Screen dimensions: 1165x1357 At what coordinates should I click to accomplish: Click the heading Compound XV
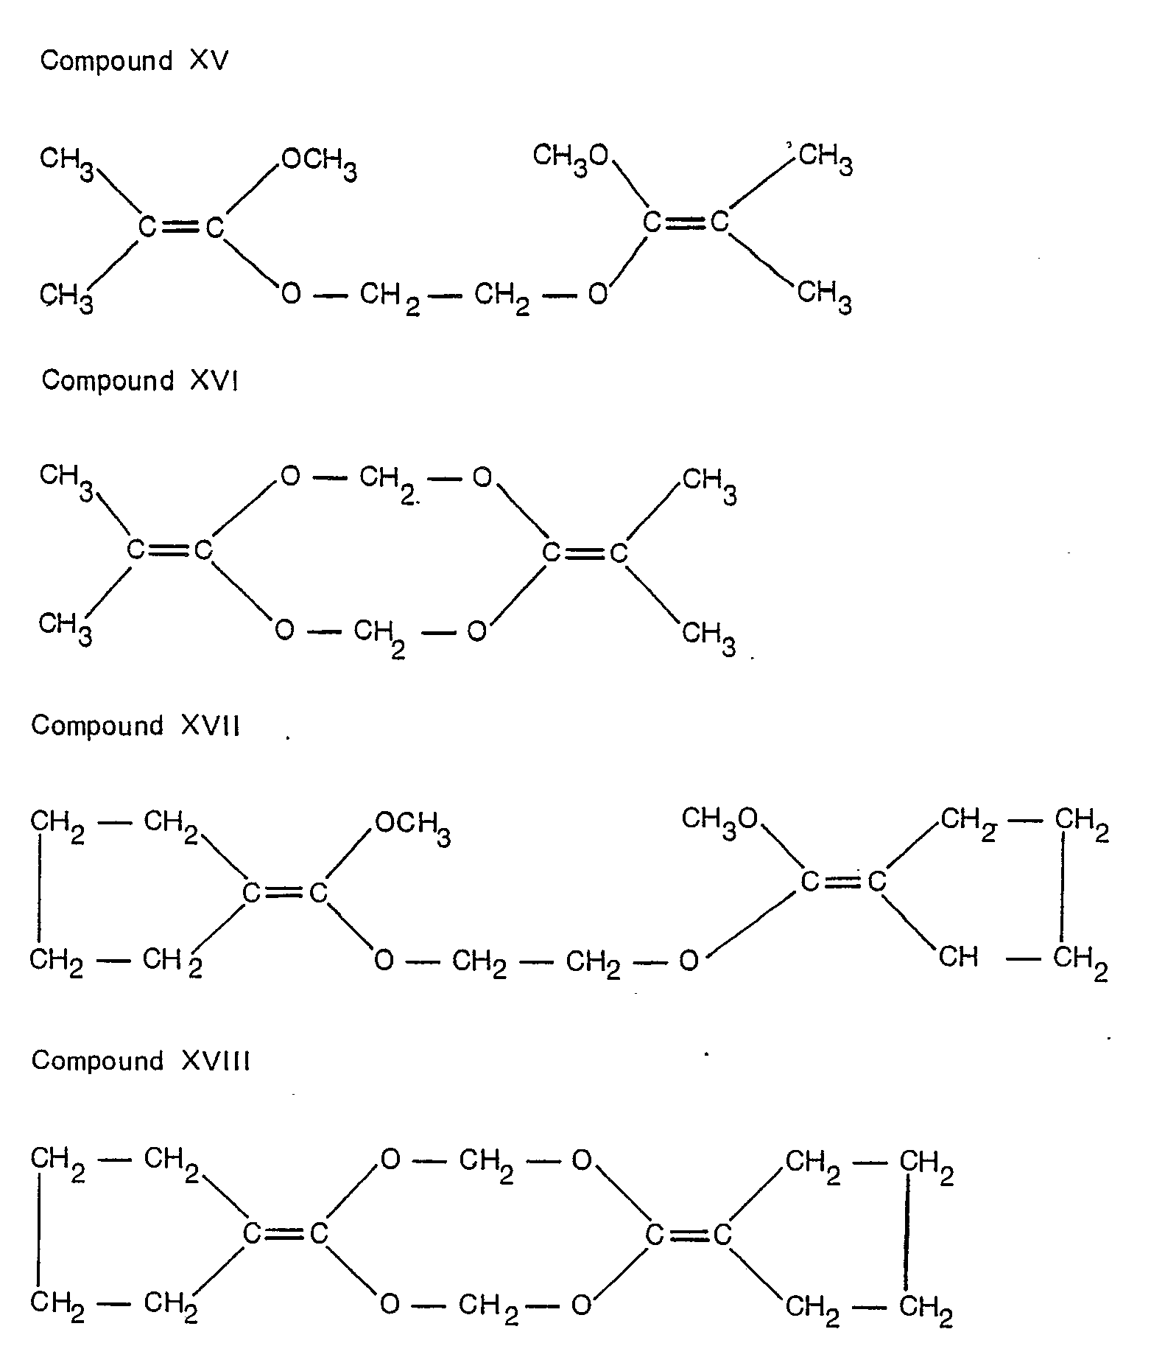coord(134,60)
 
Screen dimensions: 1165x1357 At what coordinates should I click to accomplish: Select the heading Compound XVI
coord(140,381)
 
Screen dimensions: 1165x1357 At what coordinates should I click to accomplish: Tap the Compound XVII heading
coord(135,726)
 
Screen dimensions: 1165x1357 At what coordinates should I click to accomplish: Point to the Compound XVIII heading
coord(141,1061)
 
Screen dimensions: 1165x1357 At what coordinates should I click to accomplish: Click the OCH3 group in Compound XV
coord(320,163)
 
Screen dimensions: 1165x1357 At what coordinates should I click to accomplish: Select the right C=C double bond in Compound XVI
coord(585,553)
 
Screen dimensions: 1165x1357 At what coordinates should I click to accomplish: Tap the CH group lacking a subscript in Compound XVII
coord(959,957)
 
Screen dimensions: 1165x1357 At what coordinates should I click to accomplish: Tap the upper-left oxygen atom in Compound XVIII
coord(390,1160)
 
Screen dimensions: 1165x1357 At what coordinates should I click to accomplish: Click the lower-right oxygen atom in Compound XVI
coord(476,631)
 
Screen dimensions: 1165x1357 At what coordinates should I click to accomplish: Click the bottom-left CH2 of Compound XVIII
coord(57,1305)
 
